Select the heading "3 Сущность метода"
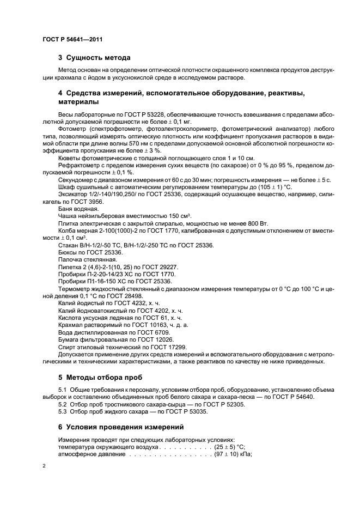94,57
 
